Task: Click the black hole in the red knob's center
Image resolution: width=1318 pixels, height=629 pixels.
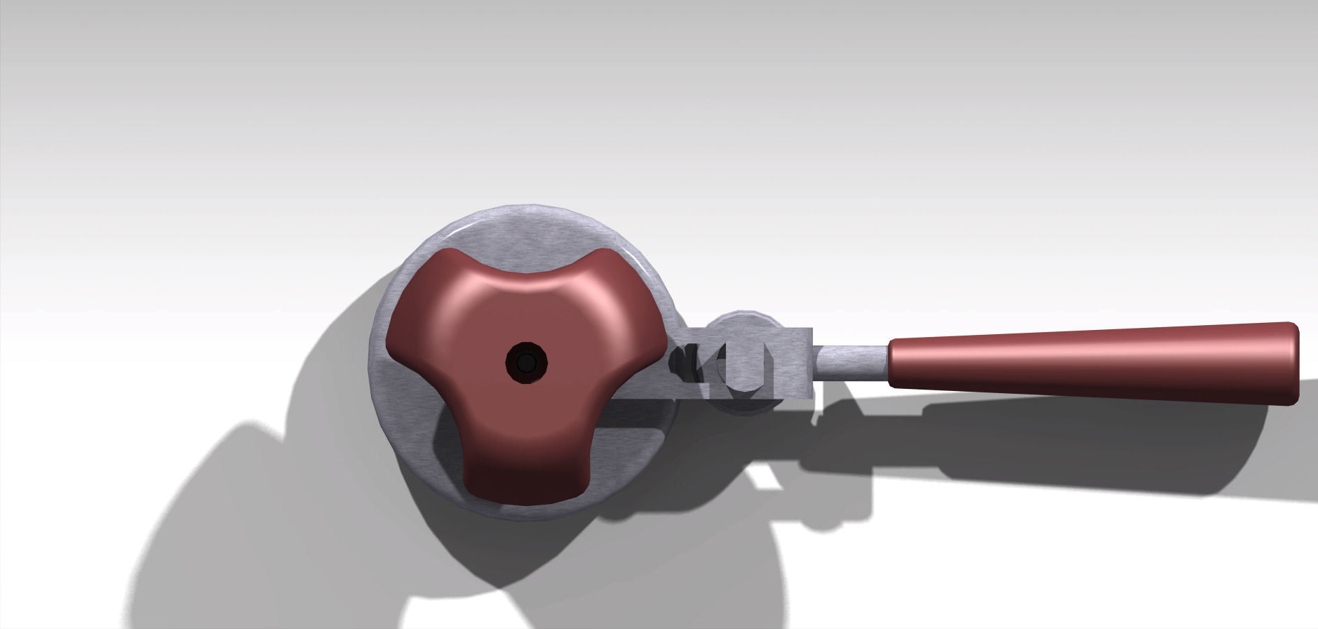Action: point(526,362)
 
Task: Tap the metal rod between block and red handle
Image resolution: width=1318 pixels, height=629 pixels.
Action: point(850,362)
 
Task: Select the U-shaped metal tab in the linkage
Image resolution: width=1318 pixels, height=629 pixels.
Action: point(748,365)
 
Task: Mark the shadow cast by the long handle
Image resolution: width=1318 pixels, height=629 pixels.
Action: point(1052,449)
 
